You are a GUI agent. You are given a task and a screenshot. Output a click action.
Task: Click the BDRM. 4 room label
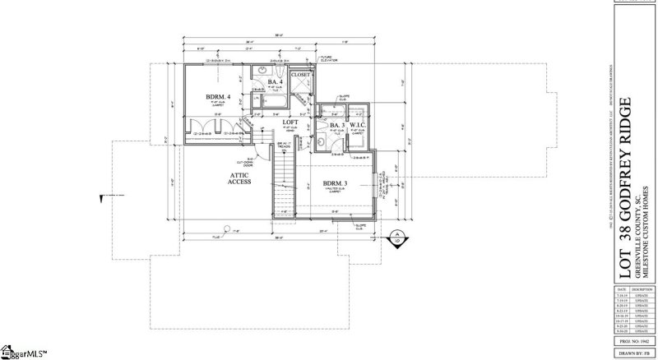(x=216, y=97)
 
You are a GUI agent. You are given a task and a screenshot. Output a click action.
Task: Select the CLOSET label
(x=301, y=75)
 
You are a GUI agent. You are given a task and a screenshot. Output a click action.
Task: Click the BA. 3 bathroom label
(x=336, y=125)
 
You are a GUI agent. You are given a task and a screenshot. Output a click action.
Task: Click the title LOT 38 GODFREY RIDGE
(x=625, y=187)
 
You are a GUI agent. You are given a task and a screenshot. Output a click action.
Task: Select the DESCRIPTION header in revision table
(x=643, y=290)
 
